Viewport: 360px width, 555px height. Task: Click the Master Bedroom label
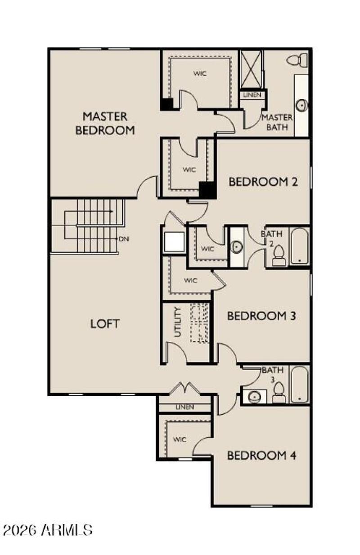pyautogui.click(x=105, y=123)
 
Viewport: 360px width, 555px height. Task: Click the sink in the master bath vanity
pyautogui.click(x=301, y=105)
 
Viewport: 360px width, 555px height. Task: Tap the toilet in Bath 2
pyautogui.click(x=278, y=256)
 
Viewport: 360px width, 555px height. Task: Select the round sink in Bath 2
pyautogui.click(x=237, y=247)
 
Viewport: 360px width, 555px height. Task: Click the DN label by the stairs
pyautogui.click(x=124, y=239)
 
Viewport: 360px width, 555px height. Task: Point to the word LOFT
pyautogui.click(x=105, y=323)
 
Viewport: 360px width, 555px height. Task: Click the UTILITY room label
pyautogui.click(x=177, y=322)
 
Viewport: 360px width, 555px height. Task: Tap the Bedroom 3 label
pyautogui.click(x=261, y=316)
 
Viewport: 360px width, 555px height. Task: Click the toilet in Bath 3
pyautogui.click(x=278, y=393)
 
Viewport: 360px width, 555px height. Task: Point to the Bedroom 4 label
pyautogui.click(x=261, y=455)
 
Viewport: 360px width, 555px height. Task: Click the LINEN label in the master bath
pyautogui.click(x=252, y=95)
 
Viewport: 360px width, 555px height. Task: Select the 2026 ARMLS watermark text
pyautogui.click(x=48, y=529)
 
